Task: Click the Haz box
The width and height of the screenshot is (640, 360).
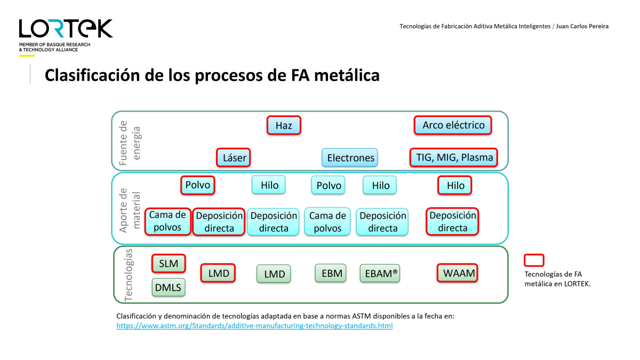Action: click(284, 125)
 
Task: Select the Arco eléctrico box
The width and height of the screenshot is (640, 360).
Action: click(453, 125)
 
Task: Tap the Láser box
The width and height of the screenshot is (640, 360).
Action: click(234, 157)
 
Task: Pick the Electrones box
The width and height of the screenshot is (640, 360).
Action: click(350, 157)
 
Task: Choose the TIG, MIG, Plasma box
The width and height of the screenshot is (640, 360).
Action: click(454, 157)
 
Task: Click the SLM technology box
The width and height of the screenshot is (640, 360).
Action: click(169, 263)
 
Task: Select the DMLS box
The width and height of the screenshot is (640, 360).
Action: click(169, 287)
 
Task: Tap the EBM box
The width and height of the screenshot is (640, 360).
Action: click(331, 273)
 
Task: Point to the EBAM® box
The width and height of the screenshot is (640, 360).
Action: click(380, 273)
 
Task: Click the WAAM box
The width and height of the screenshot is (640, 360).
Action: click(458, 273)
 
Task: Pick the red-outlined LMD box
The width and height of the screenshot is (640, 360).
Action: click(218, 273)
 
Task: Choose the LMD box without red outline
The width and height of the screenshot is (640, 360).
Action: click(274, 274)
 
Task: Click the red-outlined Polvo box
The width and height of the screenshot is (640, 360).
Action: click(198, 185)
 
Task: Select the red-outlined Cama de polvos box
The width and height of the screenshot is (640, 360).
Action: click(167, 221)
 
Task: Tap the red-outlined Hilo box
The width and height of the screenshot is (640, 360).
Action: click(454, 185)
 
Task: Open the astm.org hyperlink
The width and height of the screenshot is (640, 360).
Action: click(254, 326)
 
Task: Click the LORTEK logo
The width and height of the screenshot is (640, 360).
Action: click(66, 29)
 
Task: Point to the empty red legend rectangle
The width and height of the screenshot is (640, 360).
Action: click(534, 260)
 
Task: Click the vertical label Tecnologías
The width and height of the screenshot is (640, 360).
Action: click(129, 275)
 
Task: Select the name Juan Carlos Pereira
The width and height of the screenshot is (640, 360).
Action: click(582, 26)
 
